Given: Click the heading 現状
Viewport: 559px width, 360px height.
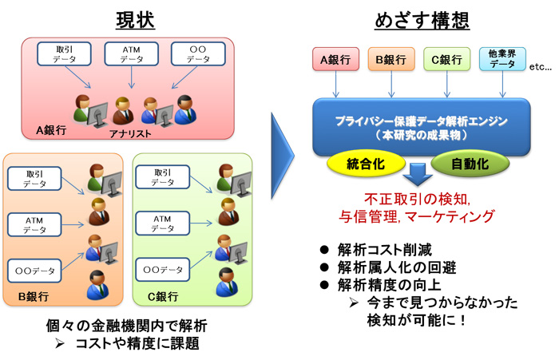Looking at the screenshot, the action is coord(135,20).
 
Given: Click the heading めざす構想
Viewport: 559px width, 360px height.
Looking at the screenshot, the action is coord(422,20).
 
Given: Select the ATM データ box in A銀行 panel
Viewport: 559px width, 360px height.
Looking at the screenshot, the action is coord(131,53).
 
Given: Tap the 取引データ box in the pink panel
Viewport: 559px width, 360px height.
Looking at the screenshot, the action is coord(64,53).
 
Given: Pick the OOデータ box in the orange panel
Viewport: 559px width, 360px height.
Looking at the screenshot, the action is coord(34,271).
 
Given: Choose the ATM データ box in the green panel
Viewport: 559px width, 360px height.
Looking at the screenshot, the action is coord(163,224).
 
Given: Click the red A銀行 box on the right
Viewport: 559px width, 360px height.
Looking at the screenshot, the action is coord(335,59).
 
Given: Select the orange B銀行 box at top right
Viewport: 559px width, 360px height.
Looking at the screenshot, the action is coord(391,59).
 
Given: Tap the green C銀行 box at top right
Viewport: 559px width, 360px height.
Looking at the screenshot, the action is coord(446,59).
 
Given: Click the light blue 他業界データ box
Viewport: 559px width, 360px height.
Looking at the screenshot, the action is coord(502,59).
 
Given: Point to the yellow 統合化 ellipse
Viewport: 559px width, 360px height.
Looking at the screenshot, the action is coord(366,164).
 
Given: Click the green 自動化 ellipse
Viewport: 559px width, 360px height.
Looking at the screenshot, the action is coord(470,164).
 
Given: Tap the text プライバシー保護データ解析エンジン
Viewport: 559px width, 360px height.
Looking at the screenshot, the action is coord(422,121).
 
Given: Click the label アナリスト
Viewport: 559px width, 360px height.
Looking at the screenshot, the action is coord(130,133).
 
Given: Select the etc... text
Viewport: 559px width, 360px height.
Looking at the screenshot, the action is coord(541,67).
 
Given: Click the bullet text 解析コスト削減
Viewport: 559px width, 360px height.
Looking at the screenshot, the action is coord(385,250).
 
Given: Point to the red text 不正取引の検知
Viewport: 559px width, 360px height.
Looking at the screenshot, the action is coord(417,199).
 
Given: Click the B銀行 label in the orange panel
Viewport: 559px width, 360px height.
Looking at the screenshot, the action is coord(34,296).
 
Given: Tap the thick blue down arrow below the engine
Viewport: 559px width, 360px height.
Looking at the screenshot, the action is coord(418,175).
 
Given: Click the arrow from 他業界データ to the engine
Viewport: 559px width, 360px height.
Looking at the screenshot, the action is coord(502,84).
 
